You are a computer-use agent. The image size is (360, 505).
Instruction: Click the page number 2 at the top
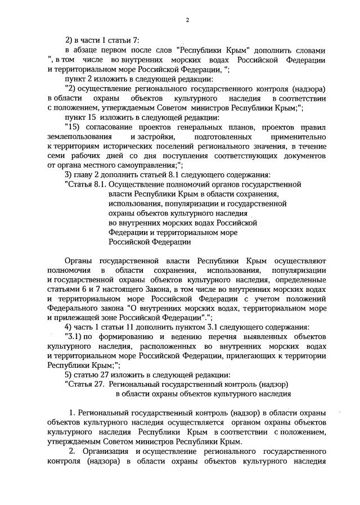click(187, 21)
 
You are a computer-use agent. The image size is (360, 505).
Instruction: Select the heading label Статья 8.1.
click(87, 184)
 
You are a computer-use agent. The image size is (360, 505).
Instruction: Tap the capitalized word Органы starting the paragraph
click(79, 261)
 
